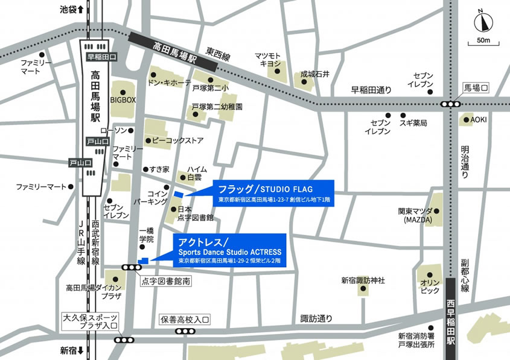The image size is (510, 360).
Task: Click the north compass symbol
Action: click(482, 23)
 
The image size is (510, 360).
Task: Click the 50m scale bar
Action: click(482, 42)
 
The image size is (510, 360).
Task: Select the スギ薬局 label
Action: click(413, 123)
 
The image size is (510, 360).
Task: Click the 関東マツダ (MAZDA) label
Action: click(414, 216)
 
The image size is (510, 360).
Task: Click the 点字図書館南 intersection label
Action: click(166, 281)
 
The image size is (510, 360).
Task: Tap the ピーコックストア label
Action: click(177, 141)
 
